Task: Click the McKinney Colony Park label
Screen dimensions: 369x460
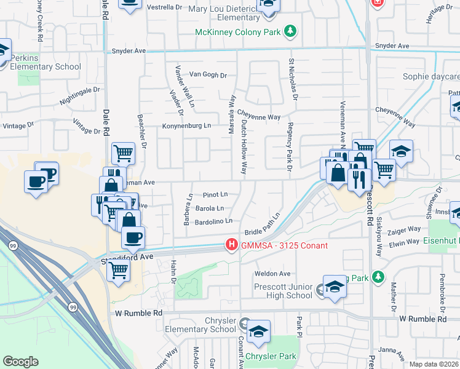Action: (x=239, y=32)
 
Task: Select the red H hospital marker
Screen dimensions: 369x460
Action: (x=232, y=245)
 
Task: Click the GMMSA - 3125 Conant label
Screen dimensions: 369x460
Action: (x=284, y=246)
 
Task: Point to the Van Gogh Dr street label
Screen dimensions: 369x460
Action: (x=208, y=75)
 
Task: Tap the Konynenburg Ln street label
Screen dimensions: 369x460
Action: (x=186, y=126)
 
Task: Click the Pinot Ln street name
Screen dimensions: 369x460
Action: (x=215, y=194)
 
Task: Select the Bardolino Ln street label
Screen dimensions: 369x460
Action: (x=213, y=221)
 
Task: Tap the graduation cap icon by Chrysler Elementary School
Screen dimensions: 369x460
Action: (x=258, y=331)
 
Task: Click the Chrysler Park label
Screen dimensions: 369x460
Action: (x=271, y=356)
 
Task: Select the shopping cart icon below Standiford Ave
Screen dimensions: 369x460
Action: (x=117, y=269)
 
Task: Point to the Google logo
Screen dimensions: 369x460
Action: (x=21, y=362)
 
